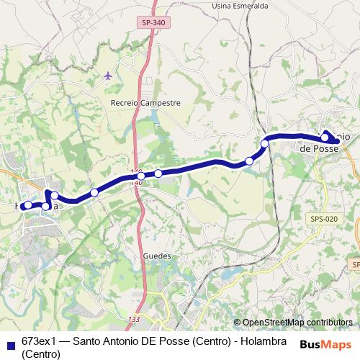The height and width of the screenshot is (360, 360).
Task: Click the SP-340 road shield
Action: click(153, 23)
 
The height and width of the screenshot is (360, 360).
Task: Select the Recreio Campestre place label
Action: click(145, 103)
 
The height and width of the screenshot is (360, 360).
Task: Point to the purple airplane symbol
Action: click(109, 75)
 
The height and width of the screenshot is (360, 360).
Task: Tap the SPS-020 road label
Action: click(325, 219)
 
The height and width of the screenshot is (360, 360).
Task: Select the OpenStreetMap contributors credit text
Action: click(297, 323)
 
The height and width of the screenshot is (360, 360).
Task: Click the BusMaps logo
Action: click(325, 344)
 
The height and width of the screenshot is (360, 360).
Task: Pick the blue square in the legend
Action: click(11, 341)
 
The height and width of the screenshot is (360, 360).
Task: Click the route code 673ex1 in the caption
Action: click(39, 340)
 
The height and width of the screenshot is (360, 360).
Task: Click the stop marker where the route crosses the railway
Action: click(265, 144)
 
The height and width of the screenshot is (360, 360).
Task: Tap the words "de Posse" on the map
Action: click(318, 148)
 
